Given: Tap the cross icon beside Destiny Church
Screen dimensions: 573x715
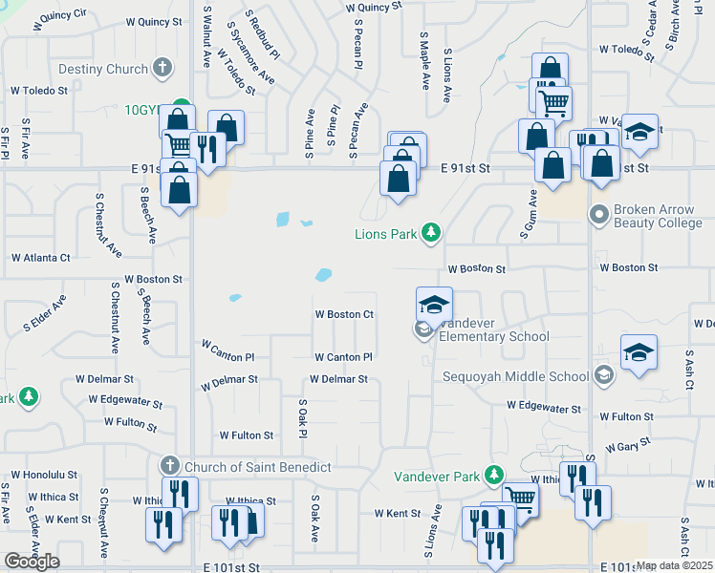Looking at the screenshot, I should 163,68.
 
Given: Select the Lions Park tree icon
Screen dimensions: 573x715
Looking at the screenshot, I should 432,232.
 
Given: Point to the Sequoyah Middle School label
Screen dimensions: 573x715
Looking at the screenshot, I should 515,375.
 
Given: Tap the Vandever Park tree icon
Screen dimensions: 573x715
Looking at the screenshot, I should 493,475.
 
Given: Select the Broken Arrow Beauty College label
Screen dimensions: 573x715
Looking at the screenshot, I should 659,217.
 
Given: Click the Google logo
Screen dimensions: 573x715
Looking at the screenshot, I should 32,562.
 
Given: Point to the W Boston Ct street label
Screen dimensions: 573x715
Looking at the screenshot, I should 344,314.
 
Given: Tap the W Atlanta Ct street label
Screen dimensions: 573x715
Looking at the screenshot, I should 40,258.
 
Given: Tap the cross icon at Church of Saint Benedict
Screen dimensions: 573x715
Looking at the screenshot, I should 169,466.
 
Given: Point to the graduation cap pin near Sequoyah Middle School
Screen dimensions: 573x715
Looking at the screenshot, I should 638,352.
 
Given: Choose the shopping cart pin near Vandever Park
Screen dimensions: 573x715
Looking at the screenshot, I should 520,496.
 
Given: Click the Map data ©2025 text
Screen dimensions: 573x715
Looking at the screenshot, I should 675,565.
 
